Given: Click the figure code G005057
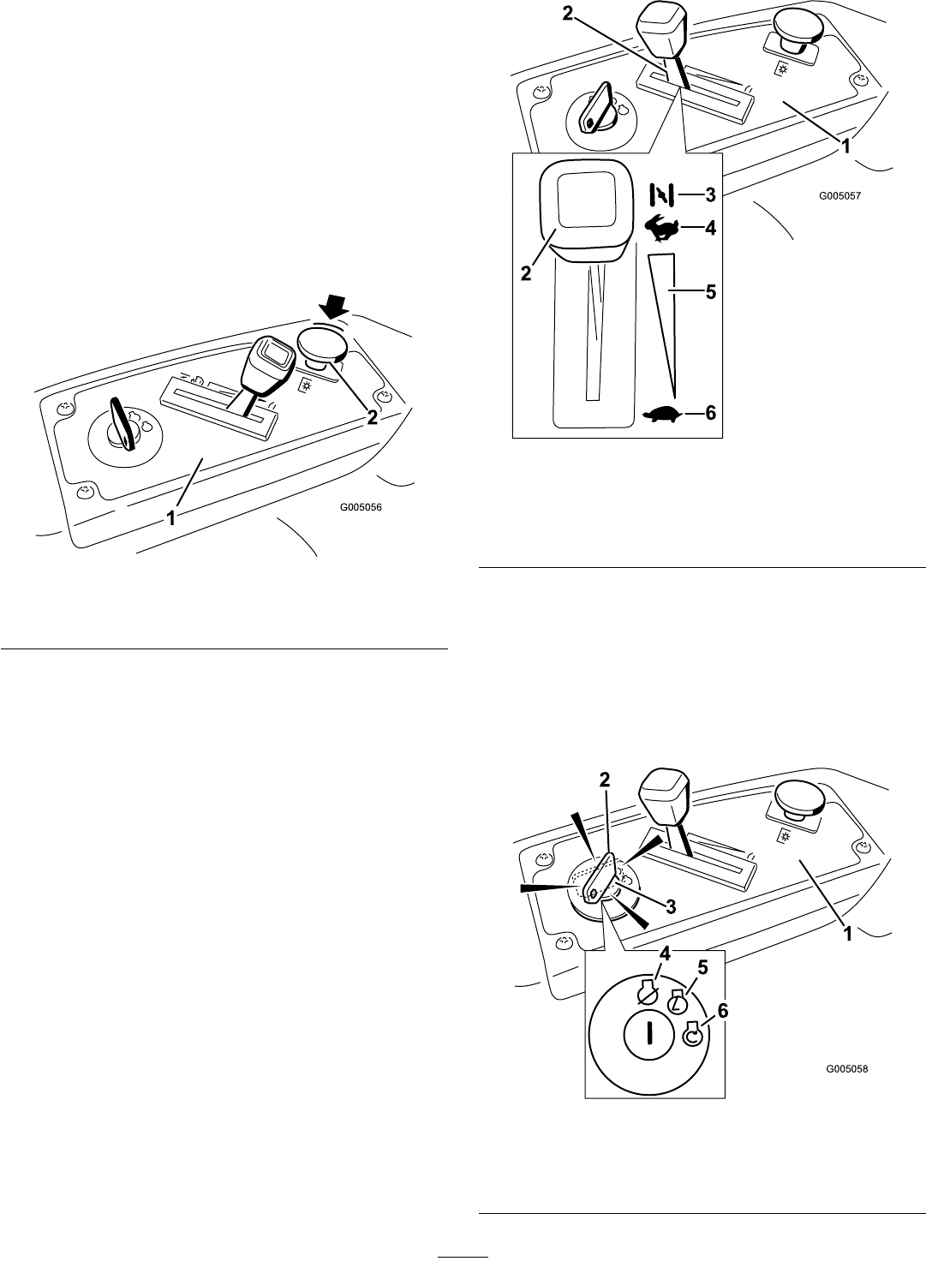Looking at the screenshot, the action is point(839,195).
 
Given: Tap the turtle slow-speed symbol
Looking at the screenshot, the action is point(661,415).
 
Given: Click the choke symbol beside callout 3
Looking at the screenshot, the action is point(662,195).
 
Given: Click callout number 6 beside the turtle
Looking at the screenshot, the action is point(710,414).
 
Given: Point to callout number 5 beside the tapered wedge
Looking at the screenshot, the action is point(710,292).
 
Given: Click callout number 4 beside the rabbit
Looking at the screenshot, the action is point(710,229).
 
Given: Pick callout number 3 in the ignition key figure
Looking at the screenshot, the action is point(671,906).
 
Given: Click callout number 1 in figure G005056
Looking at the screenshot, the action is point(171,518).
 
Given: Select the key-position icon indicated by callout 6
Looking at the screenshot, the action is point(692,1037).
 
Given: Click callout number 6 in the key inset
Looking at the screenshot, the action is point(723,1012).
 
